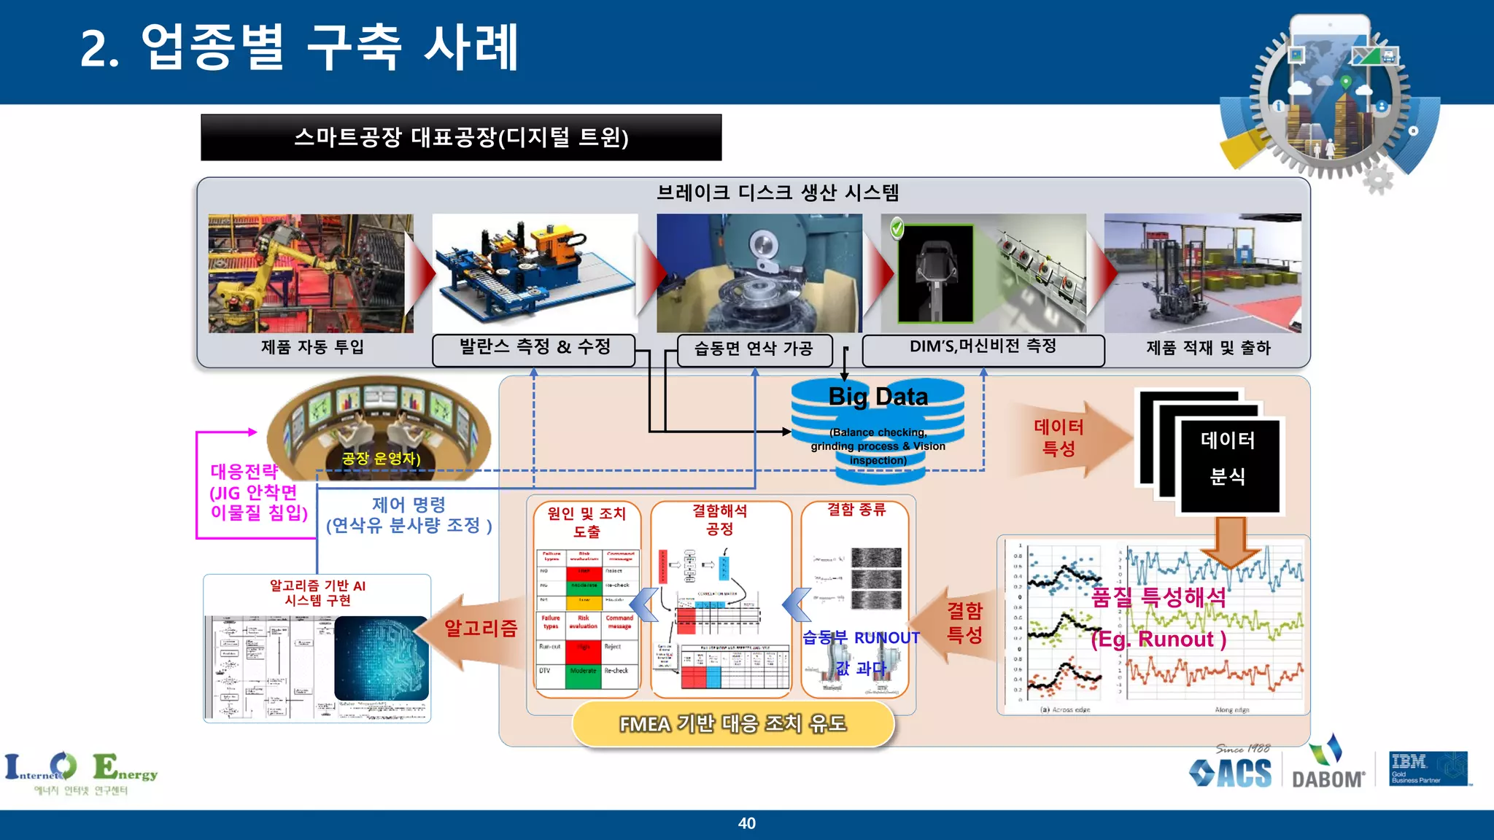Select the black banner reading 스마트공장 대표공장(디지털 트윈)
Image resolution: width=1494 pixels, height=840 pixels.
pos(461,137)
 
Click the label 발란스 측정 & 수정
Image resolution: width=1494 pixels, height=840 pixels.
pos(534,348)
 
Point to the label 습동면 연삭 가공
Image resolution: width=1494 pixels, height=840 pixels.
pos(754,349)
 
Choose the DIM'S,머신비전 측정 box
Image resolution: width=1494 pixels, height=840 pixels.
pos(983,348)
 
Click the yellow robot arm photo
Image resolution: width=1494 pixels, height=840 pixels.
pos(310,273)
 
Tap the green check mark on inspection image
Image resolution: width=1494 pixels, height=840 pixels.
pos(897,228)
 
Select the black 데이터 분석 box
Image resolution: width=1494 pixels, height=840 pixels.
pos(1228,464)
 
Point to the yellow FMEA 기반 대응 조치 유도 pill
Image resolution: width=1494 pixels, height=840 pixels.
pos(732,723)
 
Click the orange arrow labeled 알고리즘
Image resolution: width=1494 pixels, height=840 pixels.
pos(478,629)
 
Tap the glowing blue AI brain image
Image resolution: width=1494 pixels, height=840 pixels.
pos(381,658)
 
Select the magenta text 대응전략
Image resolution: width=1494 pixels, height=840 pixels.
pos(244,471)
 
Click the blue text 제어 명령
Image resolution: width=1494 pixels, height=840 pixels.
pos(409,505)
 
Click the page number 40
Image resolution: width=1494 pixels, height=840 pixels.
pos(746,823)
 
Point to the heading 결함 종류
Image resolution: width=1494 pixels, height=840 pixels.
pos(856,510)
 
